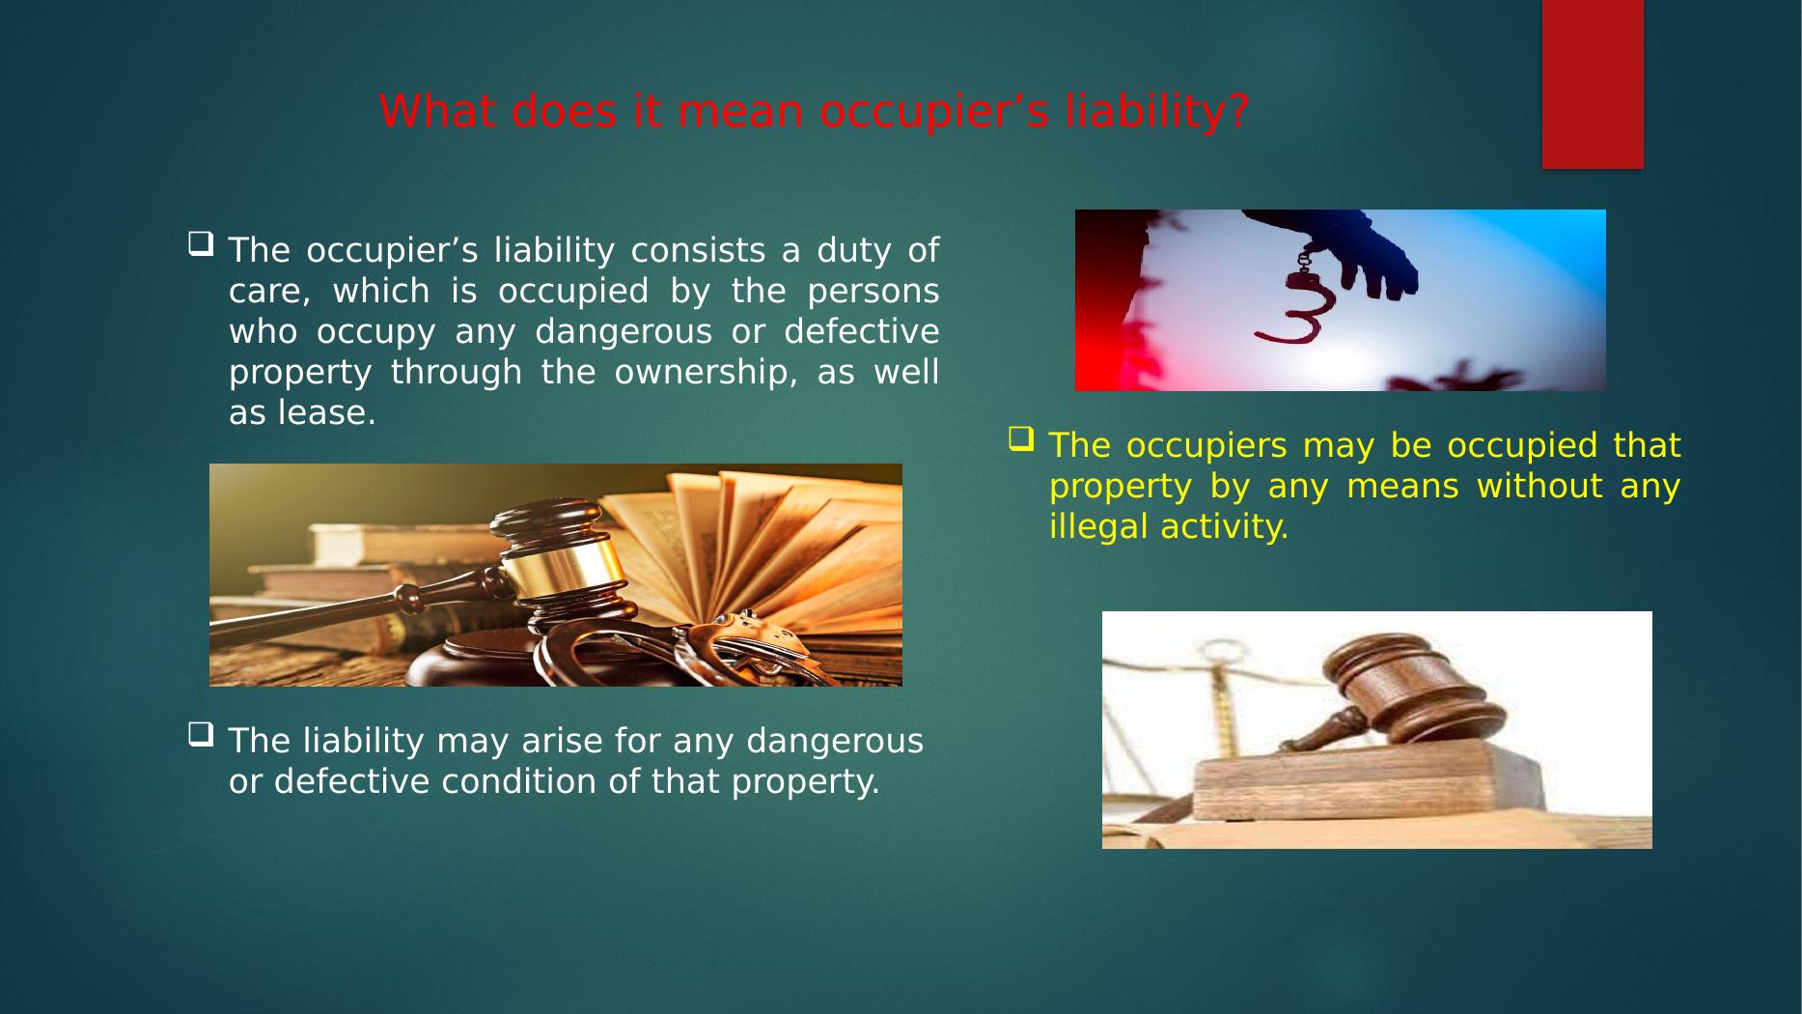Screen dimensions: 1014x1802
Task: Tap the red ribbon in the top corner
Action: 1593,85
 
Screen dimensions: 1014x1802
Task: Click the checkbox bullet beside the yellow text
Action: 1020,439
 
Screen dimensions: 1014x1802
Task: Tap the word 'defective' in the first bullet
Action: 861,331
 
